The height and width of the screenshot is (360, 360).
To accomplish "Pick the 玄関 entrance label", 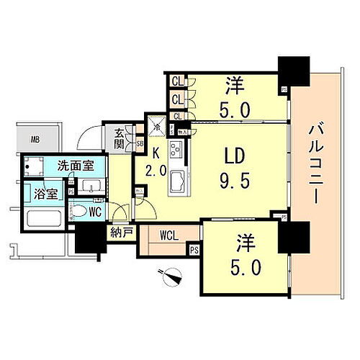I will click(x=120, y=136).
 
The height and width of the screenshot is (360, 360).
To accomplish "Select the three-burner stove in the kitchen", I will click(x=175, y=151).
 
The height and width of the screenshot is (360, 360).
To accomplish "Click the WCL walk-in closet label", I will click(x=169, y=235).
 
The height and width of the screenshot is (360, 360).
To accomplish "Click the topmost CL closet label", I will click(x=176, y=81).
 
